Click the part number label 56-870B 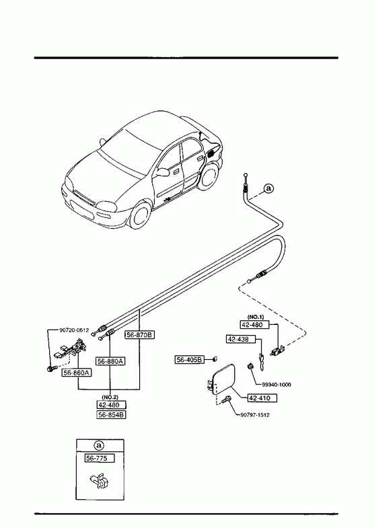tap(140, 335)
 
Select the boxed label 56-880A tap(111, 361)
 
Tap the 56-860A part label tap(77, 373)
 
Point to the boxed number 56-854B tap(112, 415)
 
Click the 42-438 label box tap(241, 339)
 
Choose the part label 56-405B tap(190, 360)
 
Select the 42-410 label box tap(262, 398)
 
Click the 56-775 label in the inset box tap(100, 458)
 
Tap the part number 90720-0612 tap(74, 330)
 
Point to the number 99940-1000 tap(276, 385)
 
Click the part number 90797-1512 tap(255, 415)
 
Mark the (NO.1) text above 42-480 tap(256, 317)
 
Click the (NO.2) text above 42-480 tap(110, 398)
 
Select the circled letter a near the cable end tap(268, 188)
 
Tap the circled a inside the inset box tap(99, 445)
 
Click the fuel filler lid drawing tap(222, 378)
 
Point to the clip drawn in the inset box tap(100, 481)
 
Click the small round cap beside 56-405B tap(215, 359)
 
